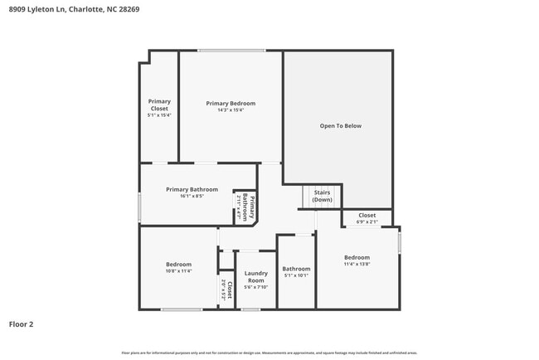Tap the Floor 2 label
(x=22, y=324)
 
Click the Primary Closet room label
(x=159, y=105)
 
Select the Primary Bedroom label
(x=231, y=103)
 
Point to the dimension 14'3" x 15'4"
(x=231, y=110)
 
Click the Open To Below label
(x=340, y=126)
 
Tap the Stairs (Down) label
(x=322, y=197)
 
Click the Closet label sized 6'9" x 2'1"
(x=367, y=215)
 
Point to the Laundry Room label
(x=255, y=277)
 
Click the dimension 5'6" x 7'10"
(x=255, y=288)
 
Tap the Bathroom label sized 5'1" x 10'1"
(x=296, y=269)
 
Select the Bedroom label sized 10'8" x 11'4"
(x=178, y=265)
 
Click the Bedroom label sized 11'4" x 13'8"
(x=357, y=257)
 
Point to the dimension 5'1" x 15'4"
(x=159, y=115)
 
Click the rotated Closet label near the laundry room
(x=229, y=289)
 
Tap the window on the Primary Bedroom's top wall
(x=231, y=51)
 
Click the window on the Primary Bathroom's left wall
(x=139, y=207)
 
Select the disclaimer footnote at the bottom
(x=269, y=353)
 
